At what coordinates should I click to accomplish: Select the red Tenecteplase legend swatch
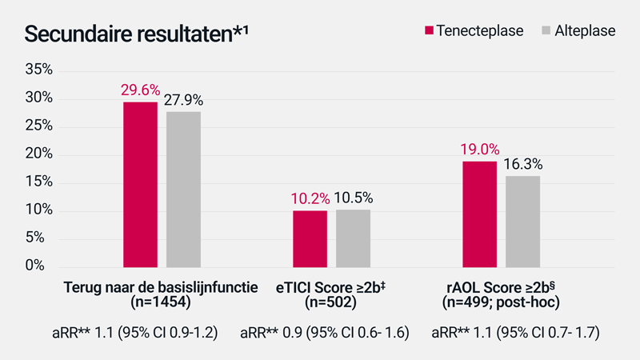430,31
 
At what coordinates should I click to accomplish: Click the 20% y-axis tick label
38,154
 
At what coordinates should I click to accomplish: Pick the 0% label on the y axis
43,266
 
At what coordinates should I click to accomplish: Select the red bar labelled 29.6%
140,185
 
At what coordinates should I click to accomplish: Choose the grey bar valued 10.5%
353,238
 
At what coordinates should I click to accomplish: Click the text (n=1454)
160,302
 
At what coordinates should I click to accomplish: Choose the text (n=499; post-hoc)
502,302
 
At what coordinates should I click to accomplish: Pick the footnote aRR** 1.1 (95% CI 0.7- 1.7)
515,333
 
